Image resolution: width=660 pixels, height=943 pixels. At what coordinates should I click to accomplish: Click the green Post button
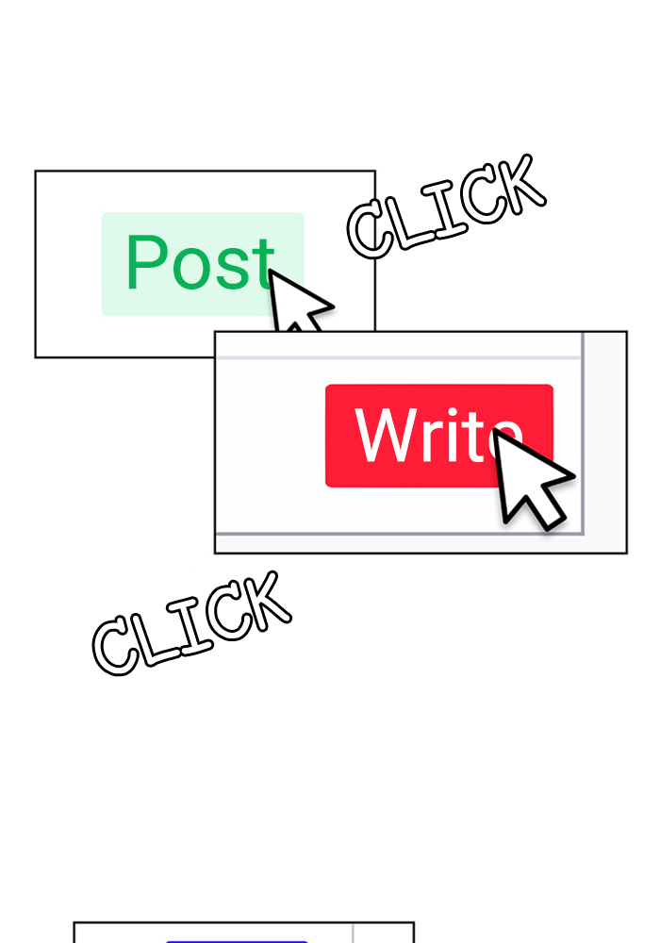pyautogui.click(x=203, y=264)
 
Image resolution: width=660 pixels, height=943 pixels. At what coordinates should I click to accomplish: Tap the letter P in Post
pyautogui.click(x=145, y=261)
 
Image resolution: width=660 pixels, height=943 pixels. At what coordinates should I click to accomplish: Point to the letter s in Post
pyautogui.click(x=232, y=269)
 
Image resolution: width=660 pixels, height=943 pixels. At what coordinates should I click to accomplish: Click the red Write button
pyautogui.click(x=438, y=436)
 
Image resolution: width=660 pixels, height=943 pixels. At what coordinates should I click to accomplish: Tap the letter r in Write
pyautogui.click(x=439, y=442)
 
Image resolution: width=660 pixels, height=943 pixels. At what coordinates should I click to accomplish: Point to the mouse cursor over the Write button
pyautogui.click(x=531, y=478)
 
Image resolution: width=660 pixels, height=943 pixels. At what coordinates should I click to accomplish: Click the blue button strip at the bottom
pyautogui.click(x=237, y=941)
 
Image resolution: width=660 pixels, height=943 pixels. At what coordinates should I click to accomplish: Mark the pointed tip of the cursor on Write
pyautogui.click(x=493, y=429)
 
